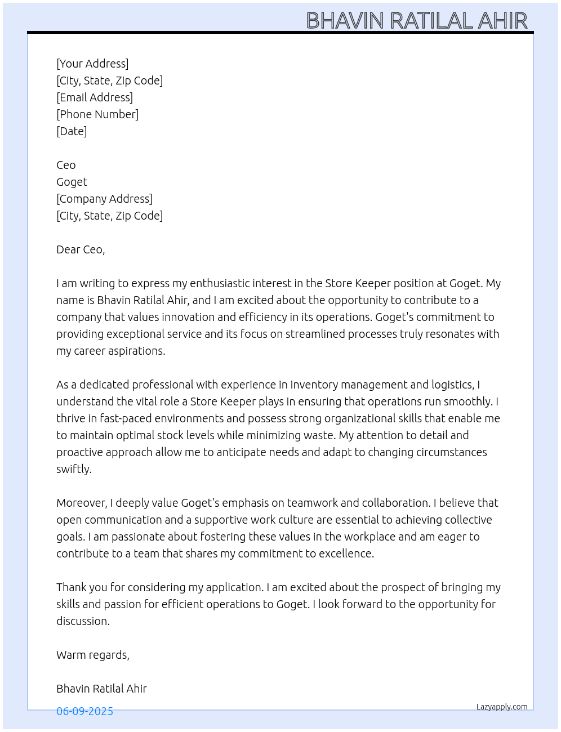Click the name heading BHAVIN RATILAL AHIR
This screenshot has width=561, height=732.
417,21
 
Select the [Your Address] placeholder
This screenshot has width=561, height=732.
92,64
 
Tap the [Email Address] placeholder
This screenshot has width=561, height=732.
95,97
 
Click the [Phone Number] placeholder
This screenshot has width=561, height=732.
97,114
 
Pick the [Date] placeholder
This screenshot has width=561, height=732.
72,131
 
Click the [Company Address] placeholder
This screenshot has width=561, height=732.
104,199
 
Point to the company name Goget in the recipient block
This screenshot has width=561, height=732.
72,182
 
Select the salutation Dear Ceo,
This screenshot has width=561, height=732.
81,249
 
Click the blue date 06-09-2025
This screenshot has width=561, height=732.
84,711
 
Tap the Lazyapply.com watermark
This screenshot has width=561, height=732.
502,707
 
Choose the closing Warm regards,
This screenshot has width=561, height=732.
93,655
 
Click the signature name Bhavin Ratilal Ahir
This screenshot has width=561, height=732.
101,689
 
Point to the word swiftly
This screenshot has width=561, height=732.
73,469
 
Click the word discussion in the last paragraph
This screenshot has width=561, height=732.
82,621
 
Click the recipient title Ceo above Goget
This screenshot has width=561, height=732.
66,165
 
